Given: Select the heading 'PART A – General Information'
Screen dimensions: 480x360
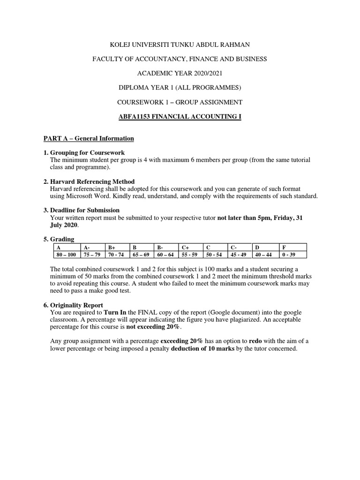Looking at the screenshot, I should coord(89,138).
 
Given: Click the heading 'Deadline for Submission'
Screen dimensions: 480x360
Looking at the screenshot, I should coord(85,210).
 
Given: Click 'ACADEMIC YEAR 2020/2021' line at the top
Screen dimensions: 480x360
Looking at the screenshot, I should coord(180,73).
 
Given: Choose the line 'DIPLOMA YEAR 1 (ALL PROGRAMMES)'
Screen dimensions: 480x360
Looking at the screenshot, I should coord(180,87).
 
